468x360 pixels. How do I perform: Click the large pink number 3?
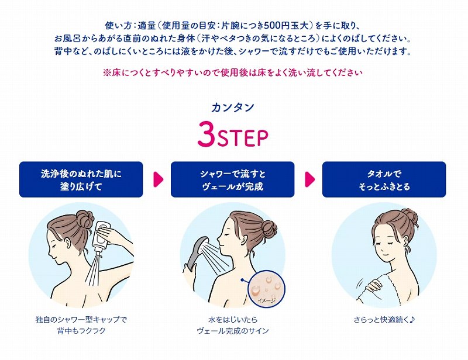click(207, 133)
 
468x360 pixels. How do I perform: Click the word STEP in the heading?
click(242, 137)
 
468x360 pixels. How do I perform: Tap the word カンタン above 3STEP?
click(233, 108)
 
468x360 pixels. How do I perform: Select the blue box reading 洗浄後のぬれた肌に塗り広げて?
click(81, 179)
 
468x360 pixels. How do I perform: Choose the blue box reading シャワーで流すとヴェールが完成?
click(232, 179)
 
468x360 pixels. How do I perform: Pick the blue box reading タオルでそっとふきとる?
click(384, 179)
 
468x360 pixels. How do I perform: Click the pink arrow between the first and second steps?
click(158, 179)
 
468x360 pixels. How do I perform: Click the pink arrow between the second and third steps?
click(310, 179)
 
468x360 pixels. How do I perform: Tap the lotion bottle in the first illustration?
click(100, 236)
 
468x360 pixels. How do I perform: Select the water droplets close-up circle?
click(267, 288)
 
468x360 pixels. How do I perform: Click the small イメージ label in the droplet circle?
click(267, 300)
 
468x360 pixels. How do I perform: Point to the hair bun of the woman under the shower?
click(270, 229)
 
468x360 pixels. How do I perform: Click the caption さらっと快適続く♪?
click(384, 320)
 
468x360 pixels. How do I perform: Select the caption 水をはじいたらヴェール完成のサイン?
click(233, 325)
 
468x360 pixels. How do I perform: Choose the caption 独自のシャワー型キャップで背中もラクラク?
click(81, 325)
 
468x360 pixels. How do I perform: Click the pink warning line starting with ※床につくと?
click(233, 73)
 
